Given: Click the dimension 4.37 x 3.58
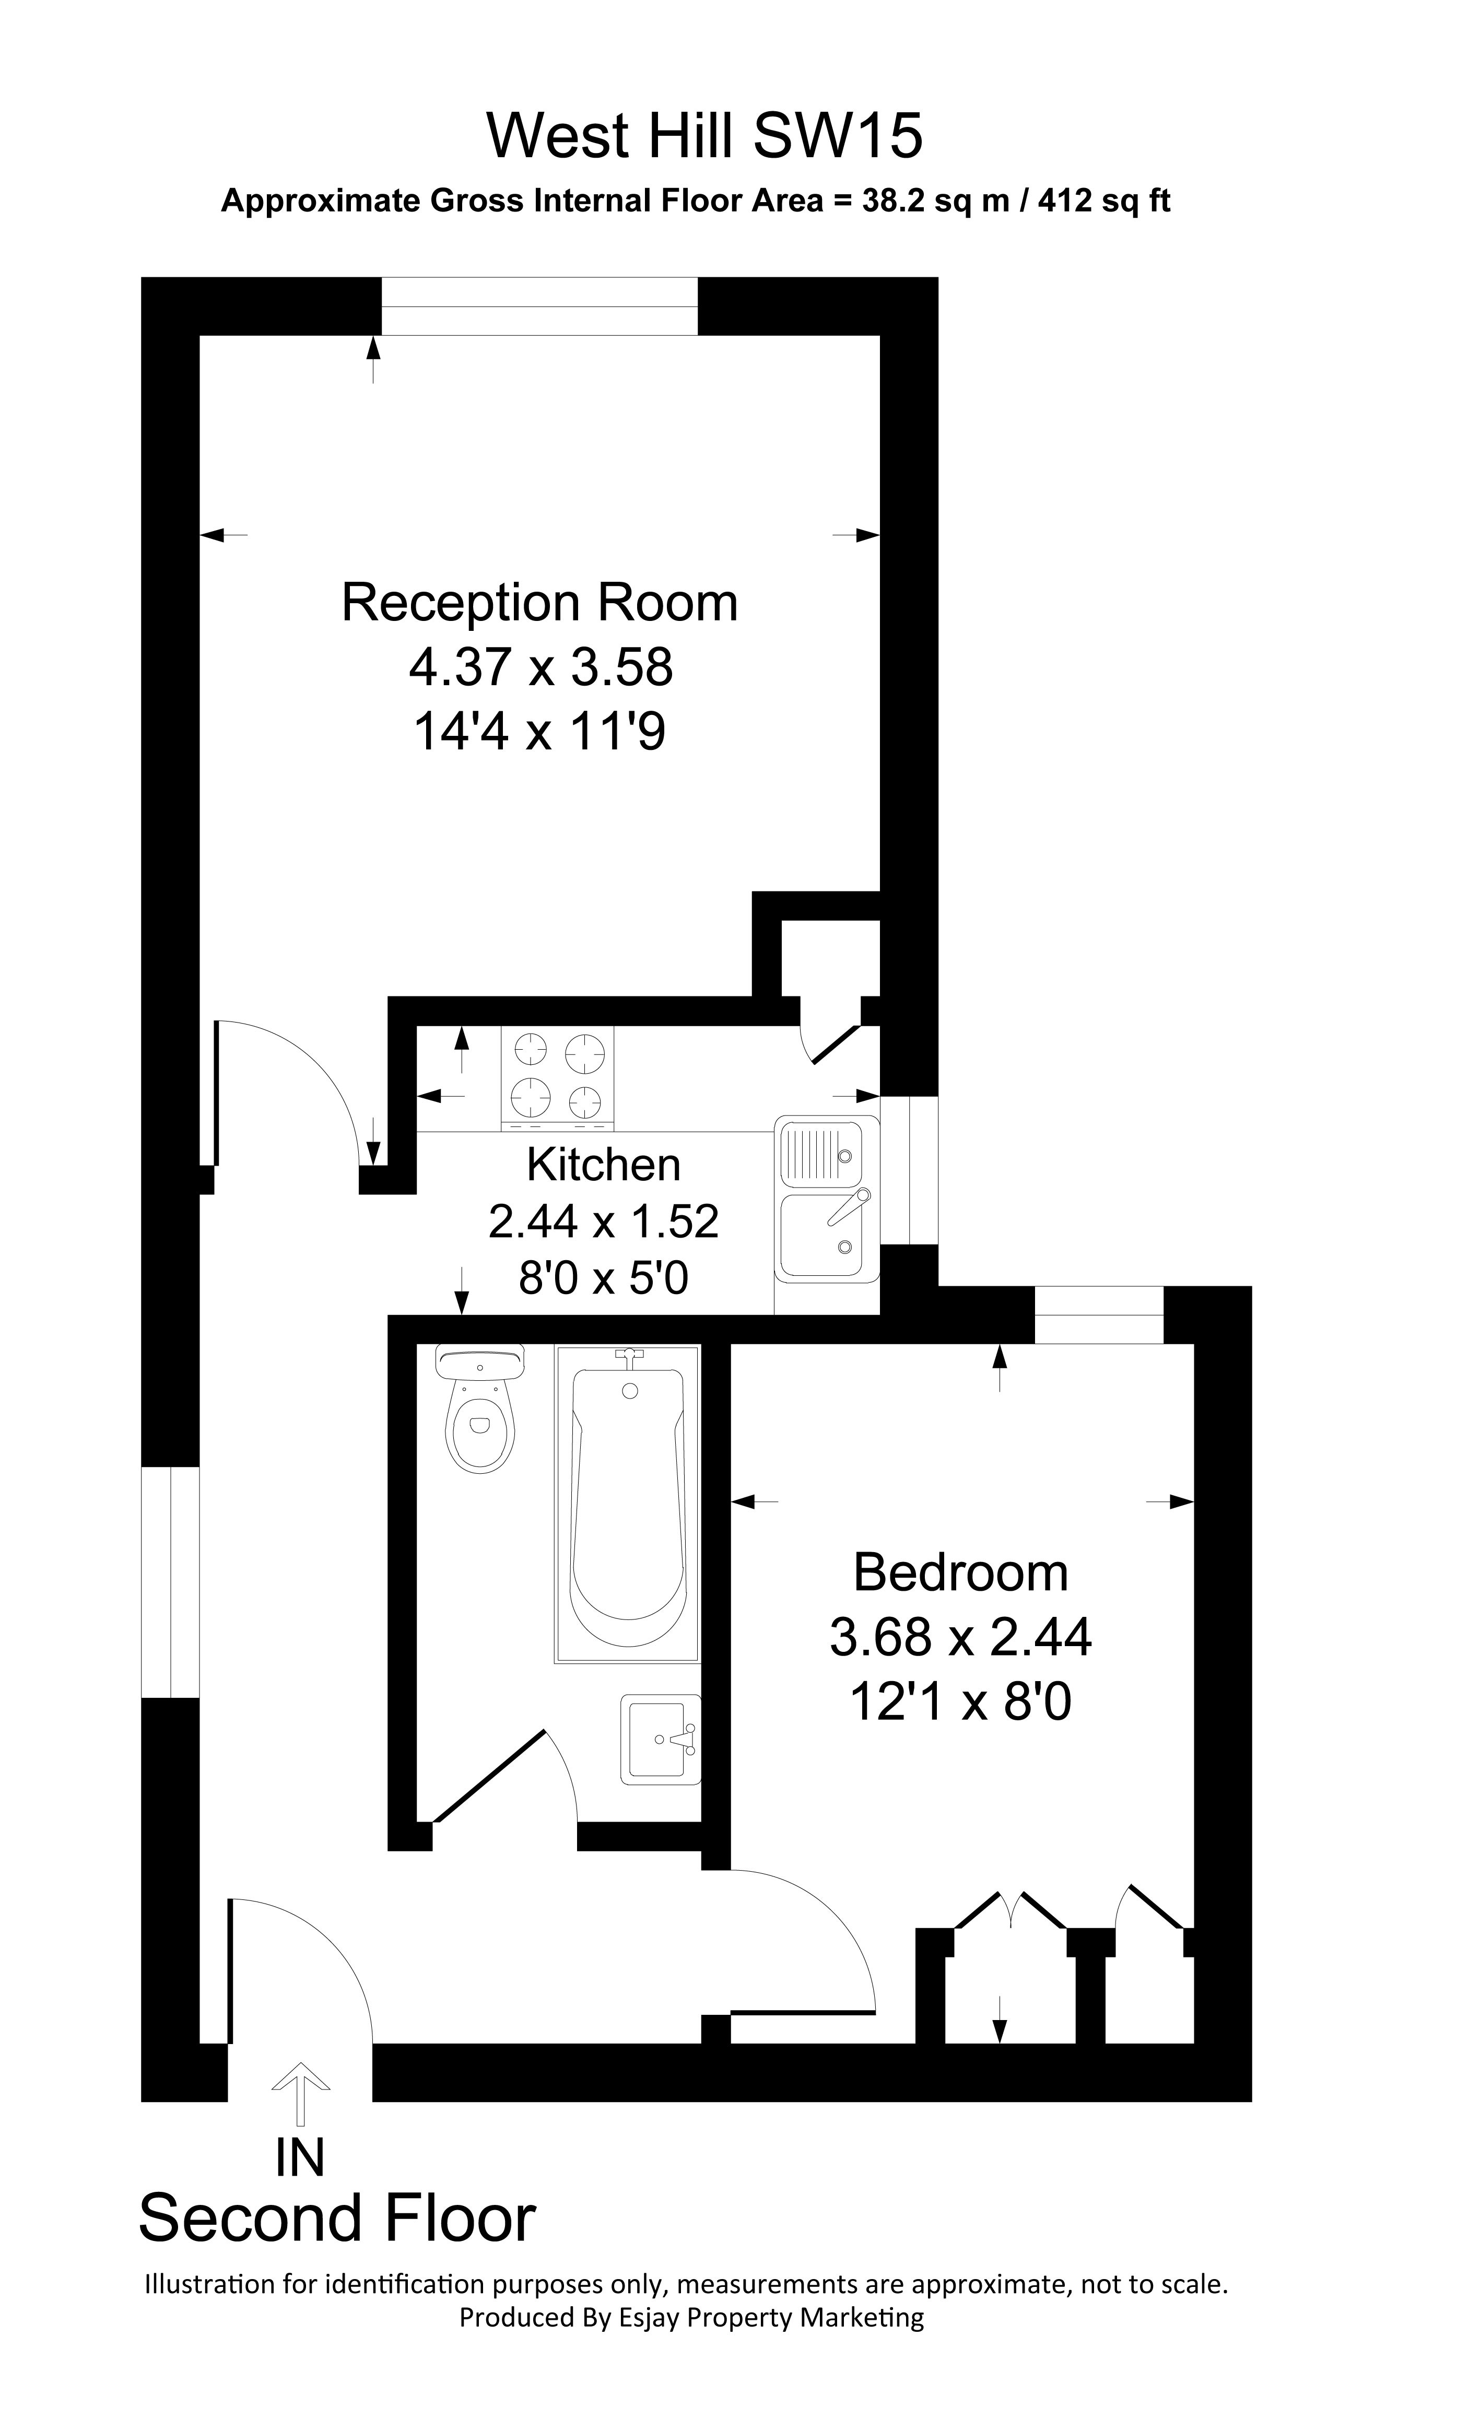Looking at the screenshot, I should (541, 667).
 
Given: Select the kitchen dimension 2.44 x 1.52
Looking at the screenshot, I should (604, 1222).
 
